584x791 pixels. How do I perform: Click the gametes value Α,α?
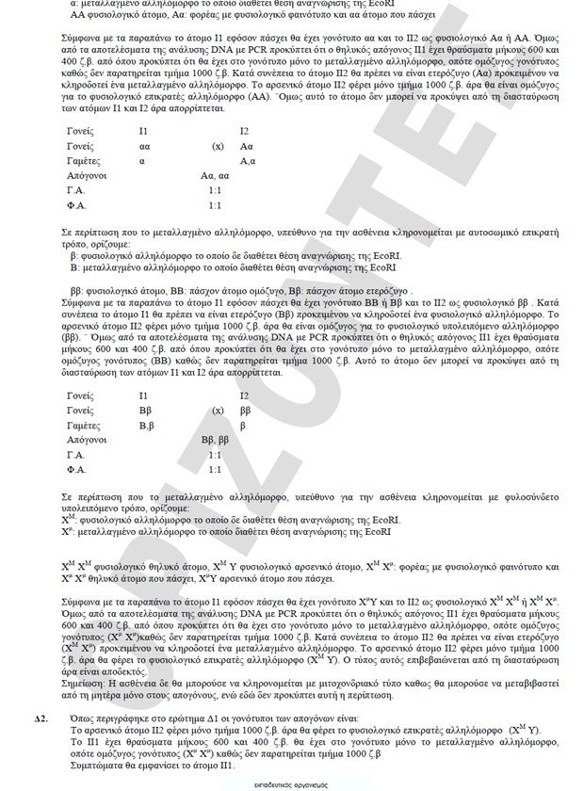click(x=247, y=161)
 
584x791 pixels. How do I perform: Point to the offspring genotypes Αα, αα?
click(x=216, y=176)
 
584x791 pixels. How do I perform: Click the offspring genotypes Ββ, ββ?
click(x=216, y=440)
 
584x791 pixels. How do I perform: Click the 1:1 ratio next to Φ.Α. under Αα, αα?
click(x=215, y=205)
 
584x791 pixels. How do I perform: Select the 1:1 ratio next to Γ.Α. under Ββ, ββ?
click(x=215, y=454)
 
